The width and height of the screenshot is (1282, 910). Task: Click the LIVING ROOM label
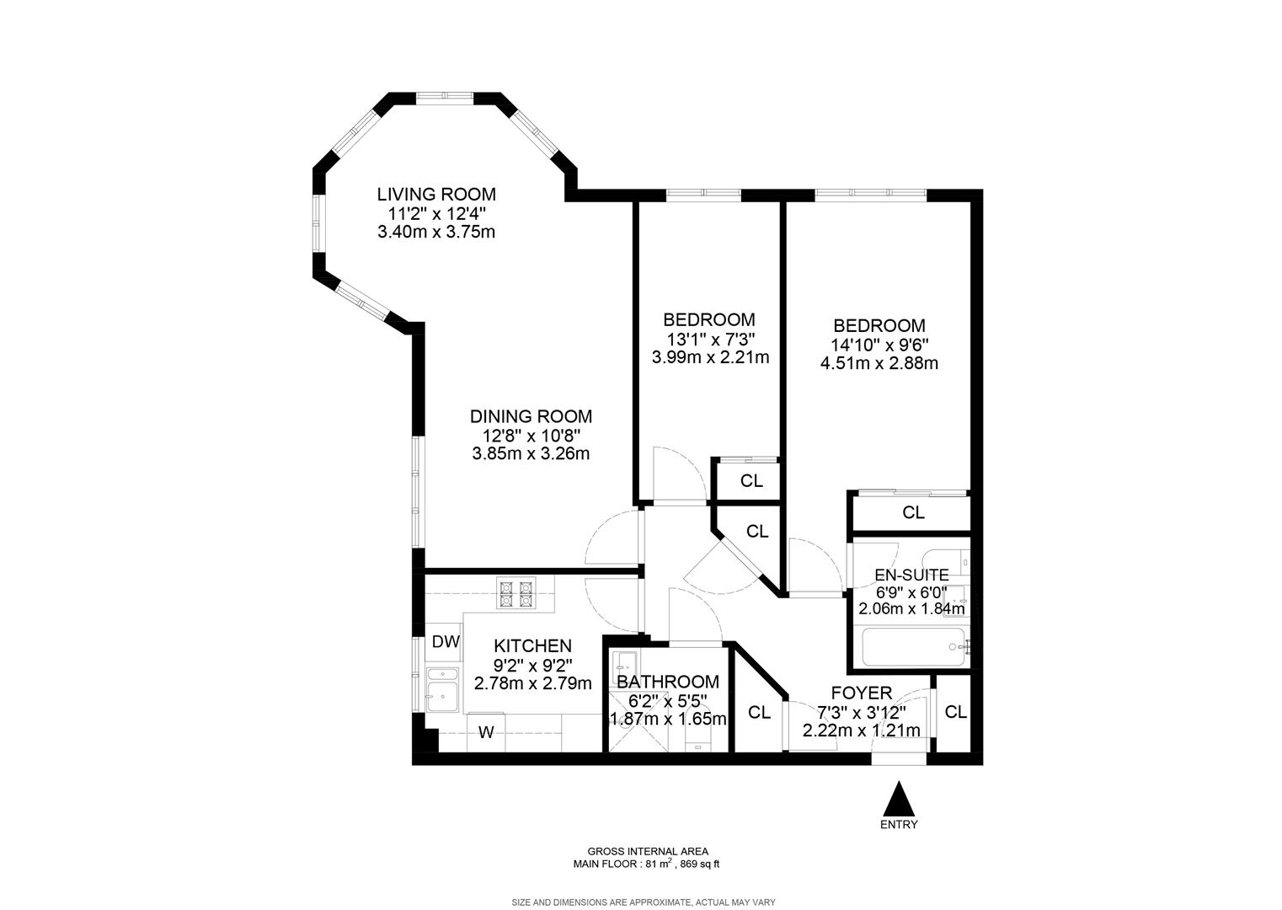click(436, 194)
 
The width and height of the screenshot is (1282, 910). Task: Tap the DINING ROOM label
click(531, 415)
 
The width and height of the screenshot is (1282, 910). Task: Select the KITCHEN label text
click(532, 645)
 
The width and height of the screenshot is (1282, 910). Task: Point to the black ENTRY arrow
click(899, 798)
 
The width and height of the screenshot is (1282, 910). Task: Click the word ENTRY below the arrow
click(899, 825)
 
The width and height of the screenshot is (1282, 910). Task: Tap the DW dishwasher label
click(446, 642)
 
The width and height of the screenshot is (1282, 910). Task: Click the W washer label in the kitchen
click(486, 732)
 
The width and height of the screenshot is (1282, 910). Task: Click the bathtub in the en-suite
click(913, 647)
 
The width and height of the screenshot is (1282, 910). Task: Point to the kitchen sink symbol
click(442, 690)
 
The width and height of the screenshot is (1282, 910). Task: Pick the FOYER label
click(862, 693)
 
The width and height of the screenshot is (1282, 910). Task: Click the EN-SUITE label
click(911, 575)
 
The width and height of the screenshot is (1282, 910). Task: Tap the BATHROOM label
click(668, 682)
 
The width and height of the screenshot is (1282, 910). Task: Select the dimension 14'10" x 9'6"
click(879, 345)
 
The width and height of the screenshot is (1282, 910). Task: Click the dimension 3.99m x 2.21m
click(710, 357)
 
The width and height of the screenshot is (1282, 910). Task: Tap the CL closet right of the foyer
click(955, 712)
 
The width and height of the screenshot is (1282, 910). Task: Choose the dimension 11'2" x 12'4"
click(436, 214)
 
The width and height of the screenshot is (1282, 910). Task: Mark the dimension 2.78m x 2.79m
click(532, 683)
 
